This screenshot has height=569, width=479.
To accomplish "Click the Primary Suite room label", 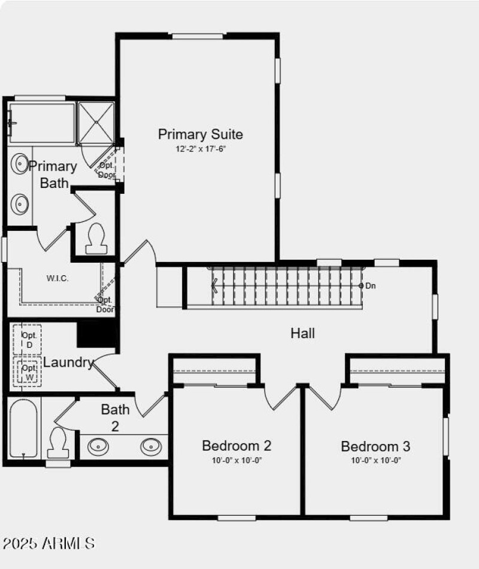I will [201, 134].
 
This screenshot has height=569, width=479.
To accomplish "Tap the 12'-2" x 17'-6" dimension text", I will [201, 148].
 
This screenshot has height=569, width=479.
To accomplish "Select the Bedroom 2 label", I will [237, 446].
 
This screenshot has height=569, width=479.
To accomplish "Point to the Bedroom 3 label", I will [375, 446].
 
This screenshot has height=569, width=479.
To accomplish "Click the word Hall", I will [303, 333].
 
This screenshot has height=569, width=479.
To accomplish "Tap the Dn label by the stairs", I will [371, 286].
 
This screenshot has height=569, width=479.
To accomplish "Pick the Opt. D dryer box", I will [28, 340].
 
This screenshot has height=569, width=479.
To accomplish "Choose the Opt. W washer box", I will [29, 372].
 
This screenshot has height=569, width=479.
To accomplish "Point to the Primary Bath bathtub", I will [42, 123].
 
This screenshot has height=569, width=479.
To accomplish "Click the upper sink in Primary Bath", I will [21, 162].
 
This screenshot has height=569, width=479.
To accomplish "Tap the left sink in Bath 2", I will [98, 446].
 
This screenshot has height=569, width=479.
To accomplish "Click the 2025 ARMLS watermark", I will [48, 543].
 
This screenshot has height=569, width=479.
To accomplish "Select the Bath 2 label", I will [115, 417].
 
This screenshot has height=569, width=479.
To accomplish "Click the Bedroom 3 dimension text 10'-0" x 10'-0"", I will [375, 461].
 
